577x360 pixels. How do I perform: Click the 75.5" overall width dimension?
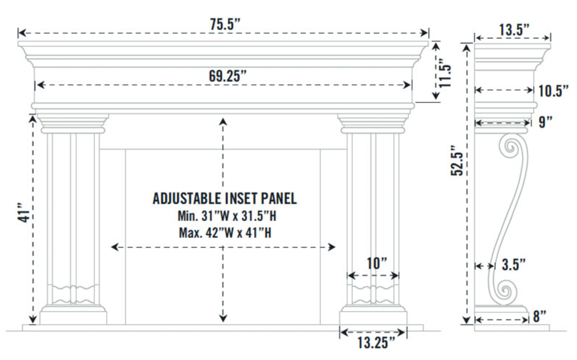click(225, 24)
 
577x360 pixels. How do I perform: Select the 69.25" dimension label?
click(227, 76)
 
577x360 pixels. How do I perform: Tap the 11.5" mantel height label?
click(445, 73)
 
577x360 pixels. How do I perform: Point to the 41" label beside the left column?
click(24, 212)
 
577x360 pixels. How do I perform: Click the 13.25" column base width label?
click(376, 343)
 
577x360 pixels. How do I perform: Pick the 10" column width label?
click(377, 263)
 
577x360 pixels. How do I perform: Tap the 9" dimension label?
click(546, 122)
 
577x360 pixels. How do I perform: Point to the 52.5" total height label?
click(457, 161)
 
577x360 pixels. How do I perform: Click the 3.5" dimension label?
click(514, 265)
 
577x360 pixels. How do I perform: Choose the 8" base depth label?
click(539, 316)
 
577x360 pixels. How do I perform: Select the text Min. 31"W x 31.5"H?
click(227, 216)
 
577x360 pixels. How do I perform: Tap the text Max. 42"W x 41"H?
click(225, 233)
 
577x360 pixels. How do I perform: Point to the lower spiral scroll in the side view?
click(505, 291)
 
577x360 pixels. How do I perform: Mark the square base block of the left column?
click(73, 318)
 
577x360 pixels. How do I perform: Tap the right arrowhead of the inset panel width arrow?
click(332, 247)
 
